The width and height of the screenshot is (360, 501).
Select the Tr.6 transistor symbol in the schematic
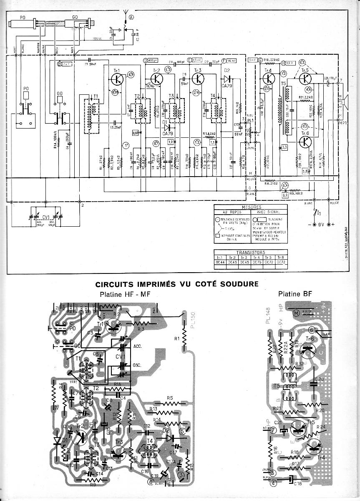(306, 142)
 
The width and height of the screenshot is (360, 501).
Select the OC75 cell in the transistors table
(256, 262)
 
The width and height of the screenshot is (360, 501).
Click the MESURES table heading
(251, 207)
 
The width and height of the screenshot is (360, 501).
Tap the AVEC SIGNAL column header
(269, 212)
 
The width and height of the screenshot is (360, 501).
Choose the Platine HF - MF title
(125, 295)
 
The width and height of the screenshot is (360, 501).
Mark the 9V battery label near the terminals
(320, 225)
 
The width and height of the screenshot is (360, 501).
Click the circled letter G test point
(260, 60)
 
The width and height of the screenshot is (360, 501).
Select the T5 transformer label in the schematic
(284, 84)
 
